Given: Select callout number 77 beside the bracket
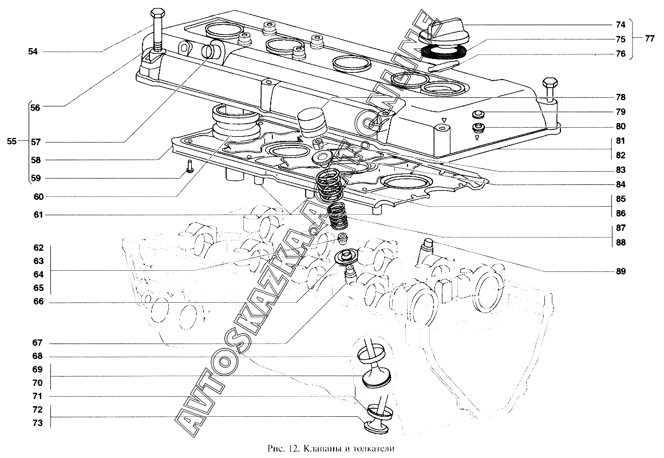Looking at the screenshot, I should tap(649, 40).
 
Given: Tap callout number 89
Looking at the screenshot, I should tap(620, 271).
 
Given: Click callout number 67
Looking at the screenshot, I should tap(37, 343).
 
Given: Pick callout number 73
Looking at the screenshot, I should tap(37, 423).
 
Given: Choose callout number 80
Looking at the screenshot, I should tap(620, 127).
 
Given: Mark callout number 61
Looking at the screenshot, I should tap(37, 215).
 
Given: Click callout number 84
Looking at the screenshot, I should tap(620, 184).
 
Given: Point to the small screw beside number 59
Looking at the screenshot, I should tap(190, 167).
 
